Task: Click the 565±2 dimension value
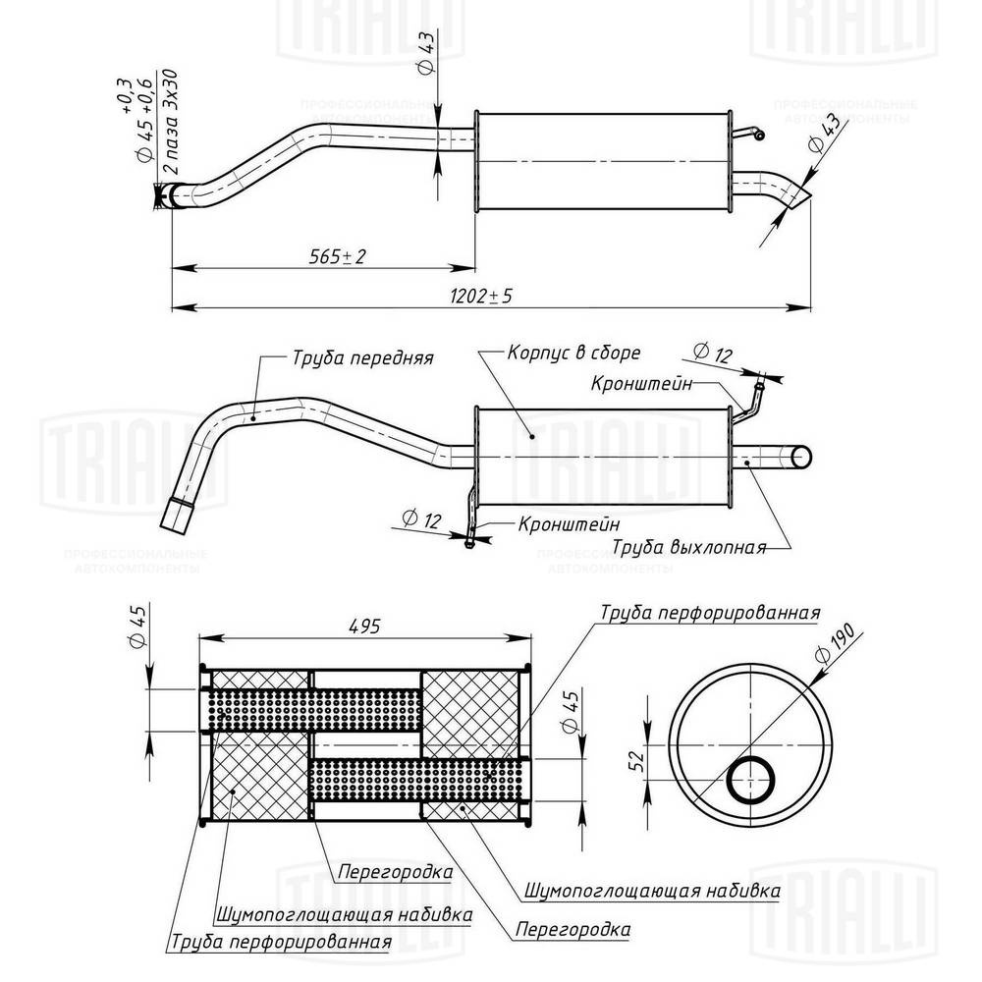[x=338, y=257]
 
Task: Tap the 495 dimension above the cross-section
[x=361, y=626]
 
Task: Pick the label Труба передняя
[x=362, y=359]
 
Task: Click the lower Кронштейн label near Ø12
[x=564, y=523]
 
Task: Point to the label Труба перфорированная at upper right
[x=709, y=614]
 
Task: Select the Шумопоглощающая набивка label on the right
[x=652, y=891]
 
